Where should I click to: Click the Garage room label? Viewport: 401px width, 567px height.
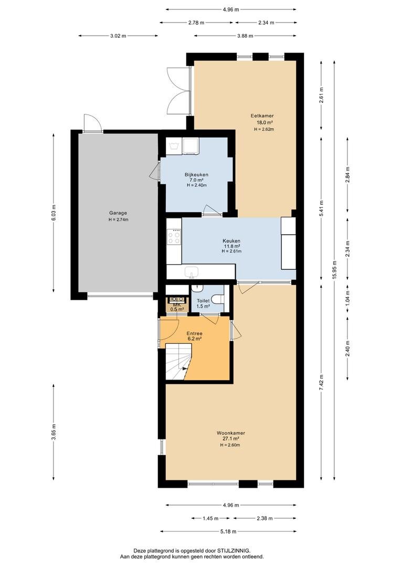[x=118, y=213]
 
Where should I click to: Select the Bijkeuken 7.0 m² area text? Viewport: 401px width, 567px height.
[x=196, y=180]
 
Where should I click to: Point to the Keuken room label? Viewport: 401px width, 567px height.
[x=231, y=241]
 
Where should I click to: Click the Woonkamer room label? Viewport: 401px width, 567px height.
[x=231, y=433]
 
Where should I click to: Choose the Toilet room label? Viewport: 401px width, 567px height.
[x=203, y=301]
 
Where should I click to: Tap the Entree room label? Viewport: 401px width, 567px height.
[x=194, y=333]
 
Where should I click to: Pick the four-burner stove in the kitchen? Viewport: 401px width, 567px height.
[x=174, y=237]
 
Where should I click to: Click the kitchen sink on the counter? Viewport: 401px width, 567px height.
[x=191, y=271]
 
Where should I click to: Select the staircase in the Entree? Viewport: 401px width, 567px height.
[x=178, y=362]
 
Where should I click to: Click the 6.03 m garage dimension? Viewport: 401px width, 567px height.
[x=54, y=213]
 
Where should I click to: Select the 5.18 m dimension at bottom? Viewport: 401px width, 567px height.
[x=228, y=531]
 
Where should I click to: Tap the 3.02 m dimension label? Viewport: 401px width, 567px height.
[x=118, y=36]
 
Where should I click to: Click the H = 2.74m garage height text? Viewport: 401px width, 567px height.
[x=118, y=219]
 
